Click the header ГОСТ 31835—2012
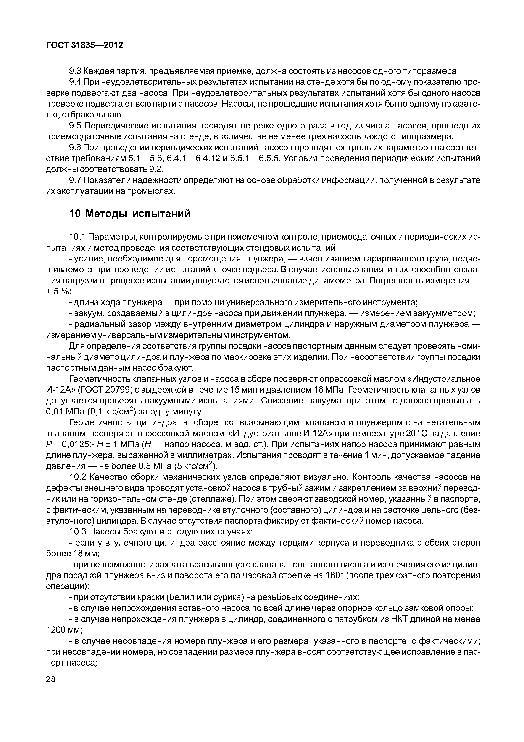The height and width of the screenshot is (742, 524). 85,45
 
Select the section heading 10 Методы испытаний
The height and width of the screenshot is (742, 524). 130,214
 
